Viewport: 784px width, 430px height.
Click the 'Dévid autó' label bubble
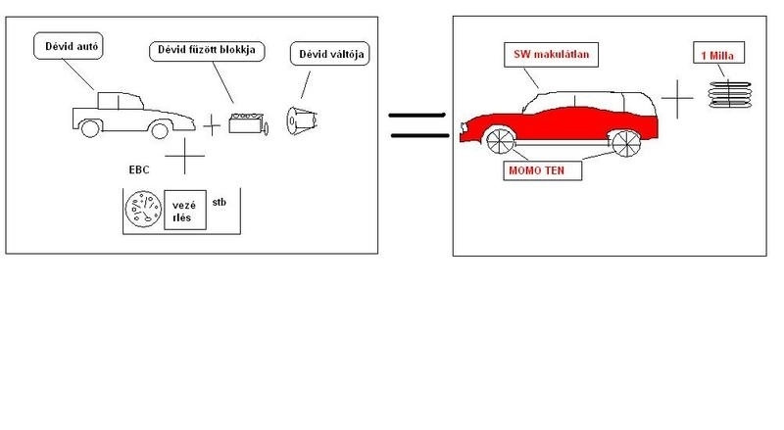click(x=69, y=46)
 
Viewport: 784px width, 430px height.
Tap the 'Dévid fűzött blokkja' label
click(x=207, y=51)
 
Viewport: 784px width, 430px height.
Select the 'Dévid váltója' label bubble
click(x=330, y=54)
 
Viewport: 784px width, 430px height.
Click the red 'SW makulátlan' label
click(x=551, y=55)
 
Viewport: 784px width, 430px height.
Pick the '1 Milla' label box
click(x=718, y=53)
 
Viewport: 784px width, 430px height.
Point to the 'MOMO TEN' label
click(x=543, y=170)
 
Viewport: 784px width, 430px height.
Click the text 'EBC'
click(x=139, y=170)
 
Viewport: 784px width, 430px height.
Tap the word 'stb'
click(x=219, y=203)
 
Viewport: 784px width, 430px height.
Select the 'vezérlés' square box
click(x=185, y=210)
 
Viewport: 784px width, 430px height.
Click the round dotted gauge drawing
click(x=143, y=209)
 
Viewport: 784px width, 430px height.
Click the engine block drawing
click(x=248, y=123)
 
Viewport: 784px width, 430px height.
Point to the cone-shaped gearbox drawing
click(x=302, y=120)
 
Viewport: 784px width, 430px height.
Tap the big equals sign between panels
click(x=419, y=125)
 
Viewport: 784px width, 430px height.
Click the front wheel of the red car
click(x=500, y=141)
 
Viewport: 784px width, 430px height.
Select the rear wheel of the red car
click(x=626, y=143)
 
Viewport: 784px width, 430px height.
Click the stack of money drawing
click(x=729, y=94)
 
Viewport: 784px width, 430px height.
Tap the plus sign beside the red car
click(x=677, y=99)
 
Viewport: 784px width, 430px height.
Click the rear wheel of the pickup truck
click(x=90, y=128)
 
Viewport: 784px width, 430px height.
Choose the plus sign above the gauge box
click(x=184, y=156)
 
